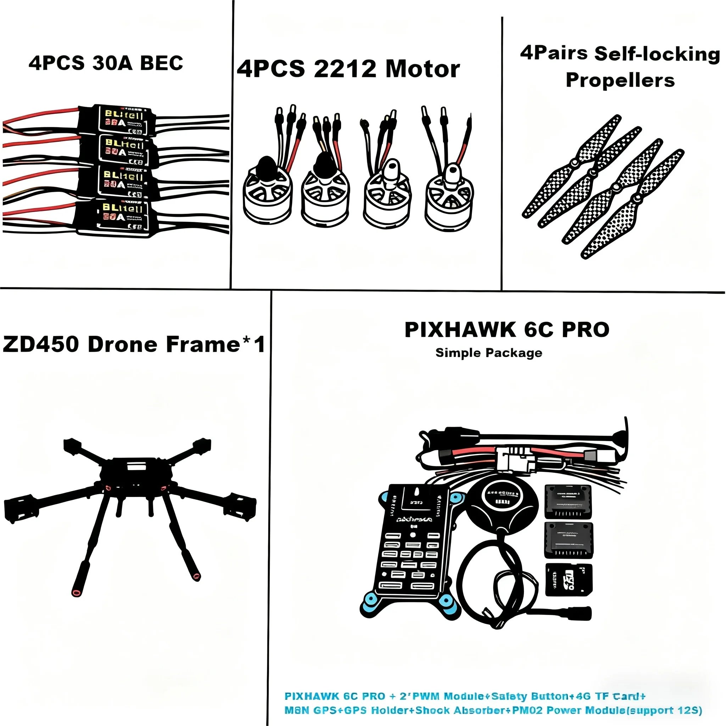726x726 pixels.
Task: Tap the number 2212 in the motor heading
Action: (x=345, y=69)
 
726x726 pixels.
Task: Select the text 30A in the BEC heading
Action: (x=112, y=63)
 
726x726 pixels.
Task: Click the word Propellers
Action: (x=620, y=80)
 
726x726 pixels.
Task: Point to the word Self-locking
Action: (x=657, y=54)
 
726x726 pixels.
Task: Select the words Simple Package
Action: (x=488, y=353)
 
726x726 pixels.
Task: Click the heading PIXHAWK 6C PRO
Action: (x=507, y=330)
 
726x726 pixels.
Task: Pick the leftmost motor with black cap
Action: (x=268, y=194)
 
